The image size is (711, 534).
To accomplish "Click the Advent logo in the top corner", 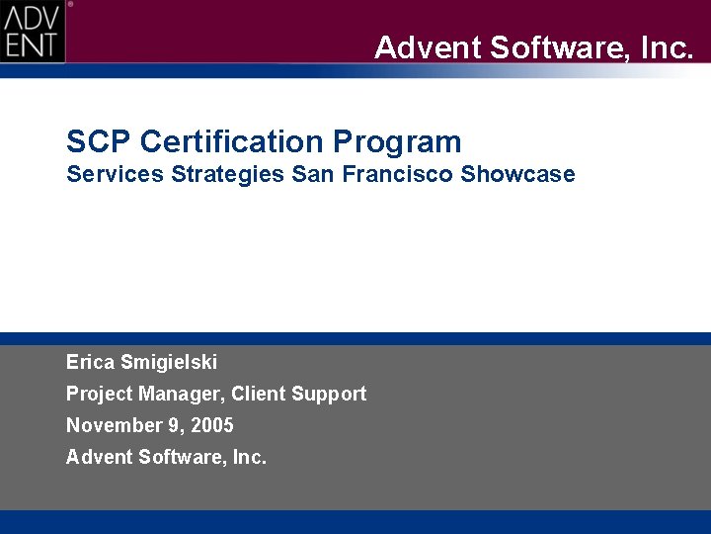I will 33,31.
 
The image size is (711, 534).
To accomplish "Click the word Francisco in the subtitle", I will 394,175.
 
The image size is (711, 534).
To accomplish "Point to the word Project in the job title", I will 100,394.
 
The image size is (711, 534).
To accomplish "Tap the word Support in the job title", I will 328,394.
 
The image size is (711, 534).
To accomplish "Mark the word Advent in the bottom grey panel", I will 98,457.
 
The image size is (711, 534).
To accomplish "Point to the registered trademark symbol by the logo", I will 70,4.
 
